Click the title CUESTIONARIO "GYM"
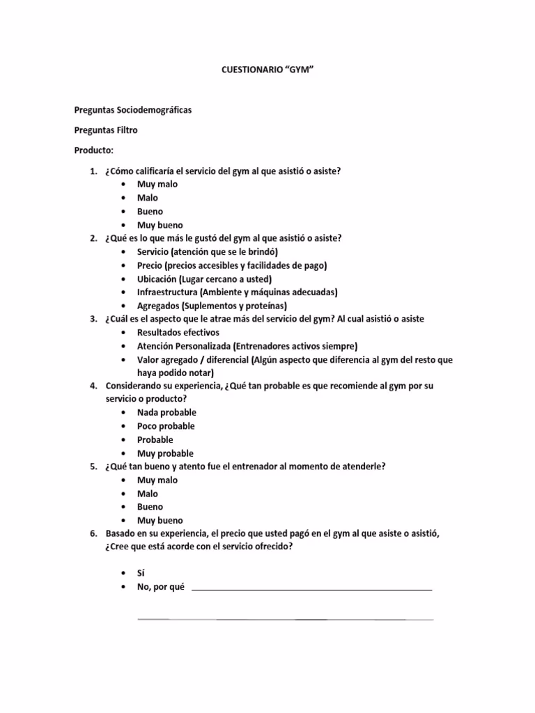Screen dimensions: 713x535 [268, 70]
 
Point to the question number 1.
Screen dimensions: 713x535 [92, 171]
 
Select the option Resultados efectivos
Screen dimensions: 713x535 [178, 333]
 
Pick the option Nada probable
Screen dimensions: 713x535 [166, 413]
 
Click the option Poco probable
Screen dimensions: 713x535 [166, 426]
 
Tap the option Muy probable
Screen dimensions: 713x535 [165, 453]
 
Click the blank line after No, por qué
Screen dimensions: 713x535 [311, 589]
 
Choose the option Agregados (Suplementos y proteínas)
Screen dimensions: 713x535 [212, 306]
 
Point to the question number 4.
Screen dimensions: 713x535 [92, 386]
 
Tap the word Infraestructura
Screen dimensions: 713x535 [167, 292]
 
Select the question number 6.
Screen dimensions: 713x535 [92, 534]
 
